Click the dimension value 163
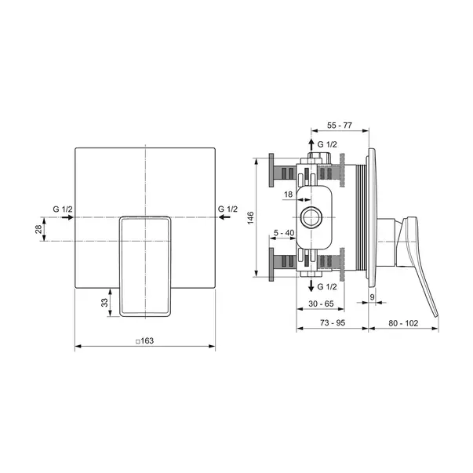(x=145, y=341)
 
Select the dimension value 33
(x=105, y=302)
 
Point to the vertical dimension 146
(x=249, y=217)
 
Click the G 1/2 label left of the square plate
(x=63, y=209)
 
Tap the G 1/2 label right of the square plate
(x=228, y=209)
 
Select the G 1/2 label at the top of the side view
(x=327, y=145)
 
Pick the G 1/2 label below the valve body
(x=327, y=288)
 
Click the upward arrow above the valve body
(x=311, y=145)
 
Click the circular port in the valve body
(x=311, y=217)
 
